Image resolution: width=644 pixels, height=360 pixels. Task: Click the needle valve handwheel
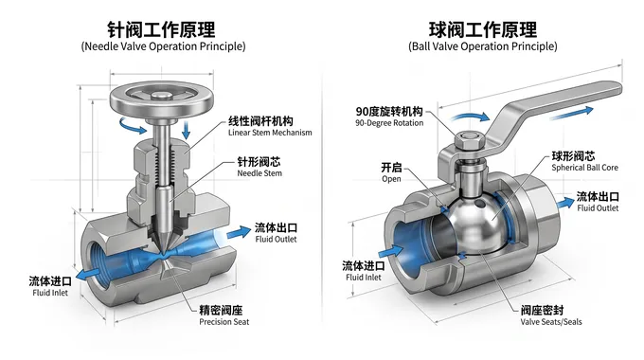click(161, 100)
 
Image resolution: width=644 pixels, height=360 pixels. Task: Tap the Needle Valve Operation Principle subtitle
click(163, 46)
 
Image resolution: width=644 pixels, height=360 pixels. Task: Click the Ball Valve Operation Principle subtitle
click(483, 46)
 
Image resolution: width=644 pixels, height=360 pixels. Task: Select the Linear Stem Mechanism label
click(270, 126)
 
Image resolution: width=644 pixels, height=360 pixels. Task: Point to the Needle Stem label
click(259, 167)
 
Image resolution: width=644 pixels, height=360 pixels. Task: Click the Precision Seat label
click(224, 315)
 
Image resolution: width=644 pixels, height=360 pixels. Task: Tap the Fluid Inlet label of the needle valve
click(50, 286)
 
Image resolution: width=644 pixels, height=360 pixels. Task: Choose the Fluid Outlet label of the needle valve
click(276, 233)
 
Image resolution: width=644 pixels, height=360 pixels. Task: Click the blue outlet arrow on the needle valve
click(239, 233)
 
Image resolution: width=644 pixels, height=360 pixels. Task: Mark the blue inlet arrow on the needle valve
click(88, 274)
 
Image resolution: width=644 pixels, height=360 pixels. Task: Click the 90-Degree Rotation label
click(389, 117)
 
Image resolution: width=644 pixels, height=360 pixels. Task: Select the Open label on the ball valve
click(391, 172)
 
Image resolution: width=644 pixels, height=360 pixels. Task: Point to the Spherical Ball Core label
click(584, 161)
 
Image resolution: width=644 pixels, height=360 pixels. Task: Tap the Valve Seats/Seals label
click(551, 315)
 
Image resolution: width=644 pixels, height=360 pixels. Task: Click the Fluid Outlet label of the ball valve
click(598, 202)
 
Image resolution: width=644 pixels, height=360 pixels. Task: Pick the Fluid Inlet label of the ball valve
click(364, 271)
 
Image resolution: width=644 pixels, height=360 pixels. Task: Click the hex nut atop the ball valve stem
click(470, 141)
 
